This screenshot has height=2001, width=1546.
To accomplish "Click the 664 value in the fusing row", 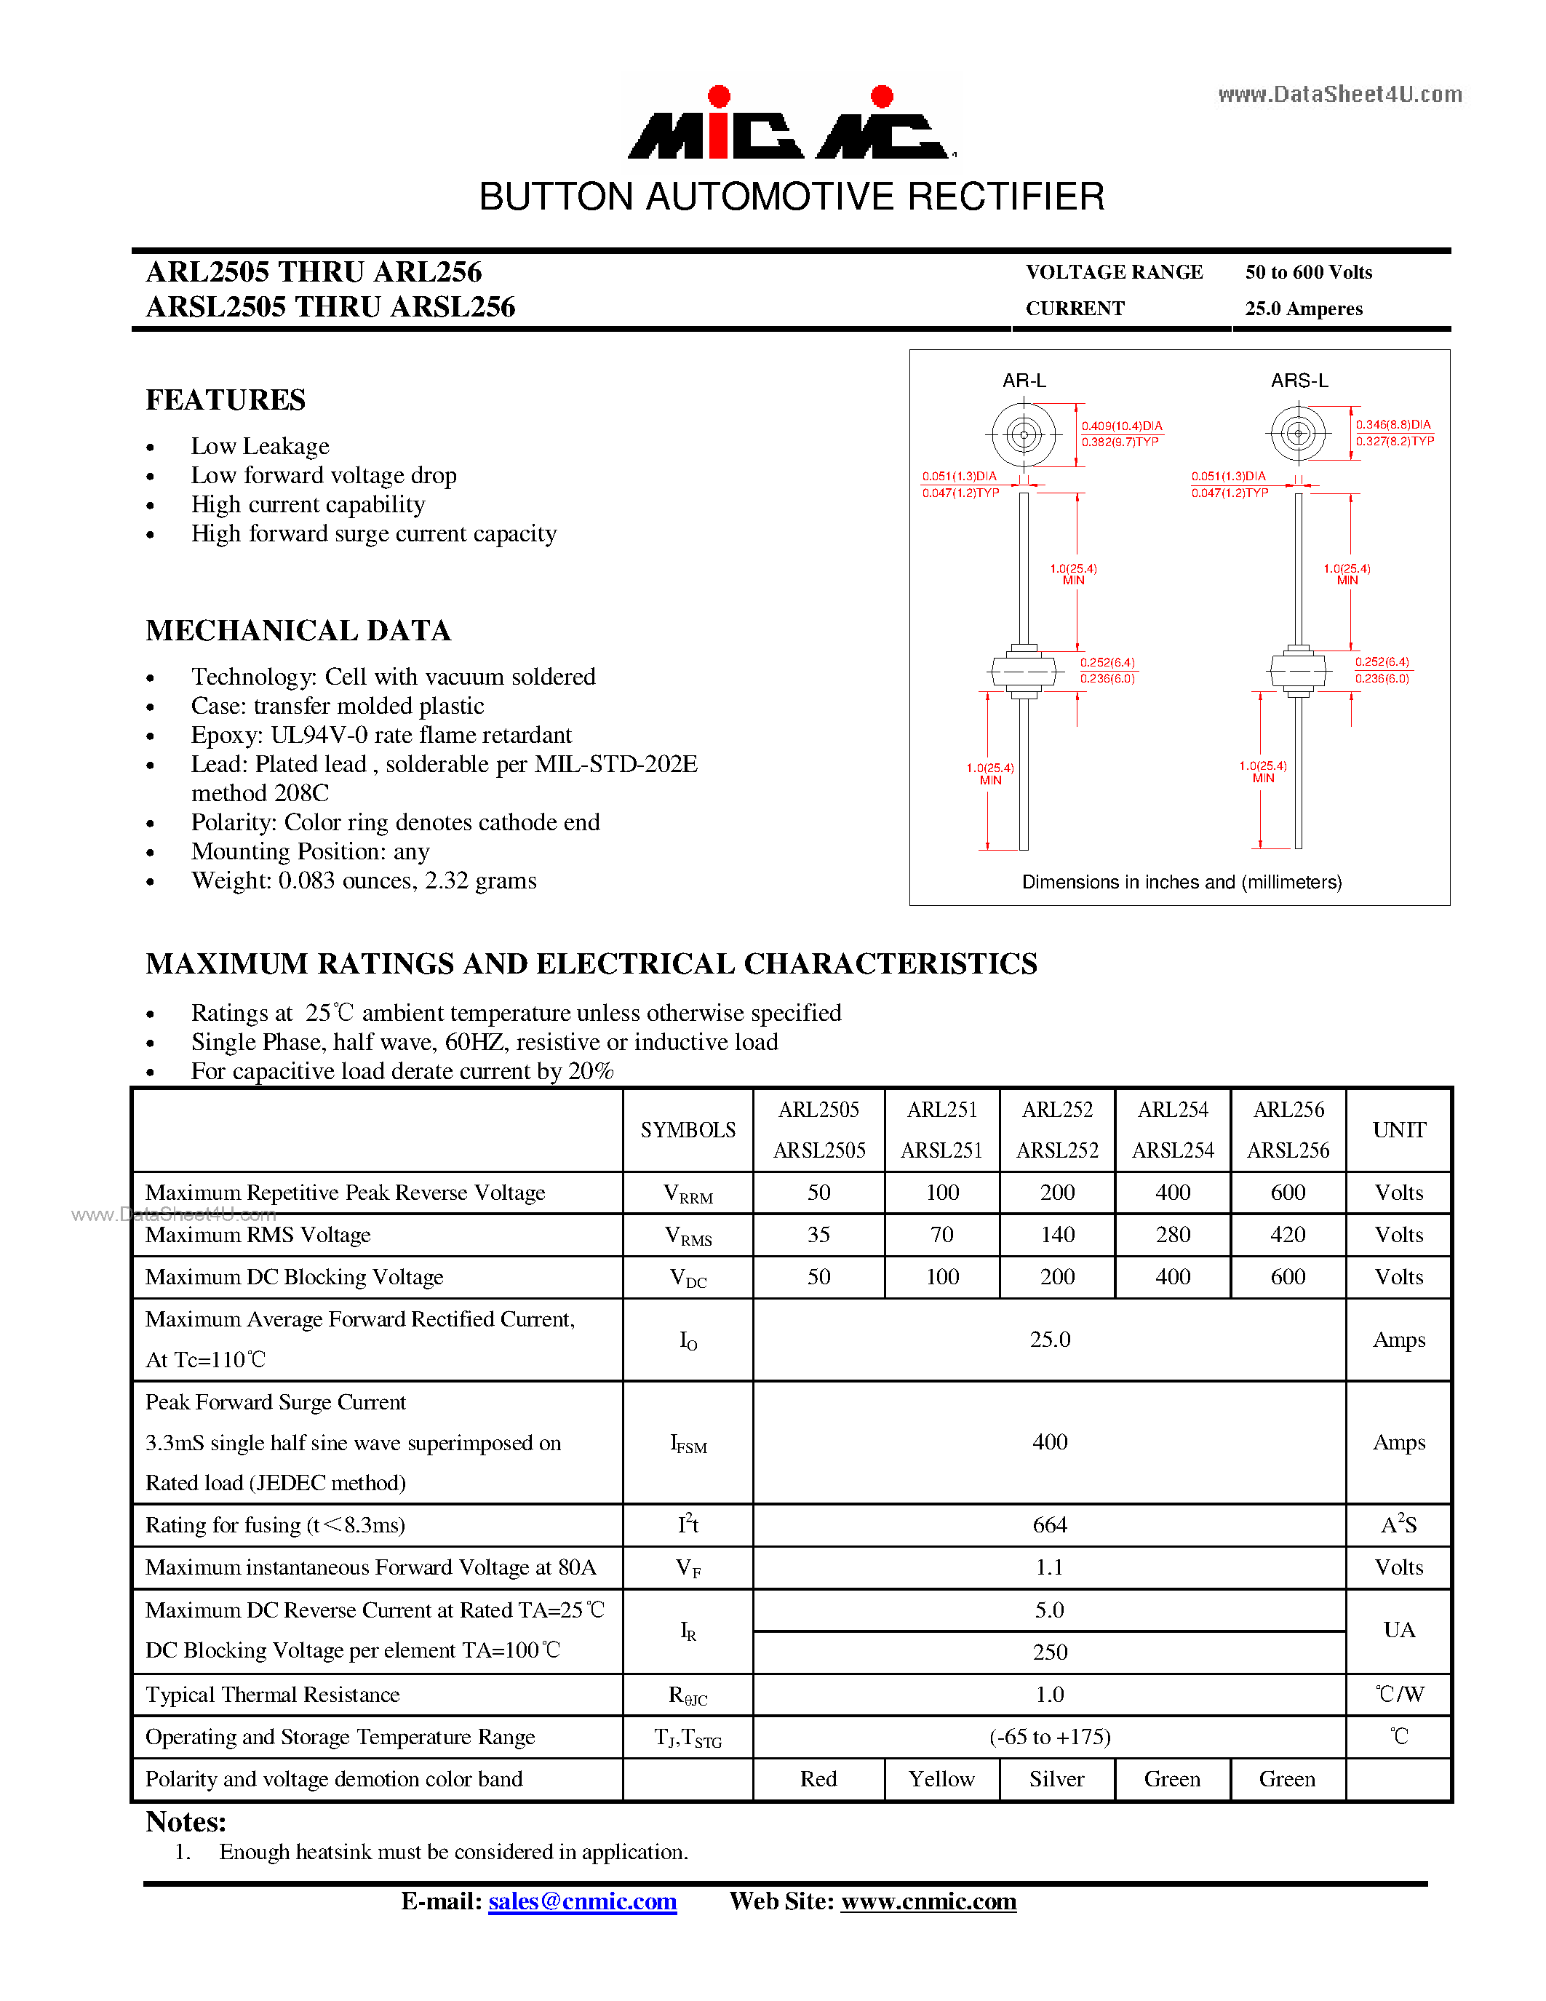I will pyautogui.click(x=1050, y=1524).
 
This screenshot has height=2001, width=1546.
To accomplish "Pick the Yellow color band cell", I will pyautogui.click(x=941, y=1778).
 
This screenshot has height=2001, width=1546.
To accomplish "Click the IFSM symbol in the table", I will pyautogui.click(x=688, y=1444).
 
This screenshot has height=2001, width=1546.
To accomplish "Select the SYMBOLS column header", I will pyautogui.click(x=688, y=1130).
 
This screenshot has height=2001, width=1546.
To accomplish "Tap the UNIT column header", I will pyautogui.click(x=1398, y=1130).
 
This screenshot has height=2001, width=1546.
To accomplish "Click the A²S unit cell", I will pyautogui.click(x=1398, y=1524).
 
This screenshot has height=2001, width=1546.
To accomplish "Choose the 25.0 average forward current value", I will pyautogui.click(x=1050, y=1340).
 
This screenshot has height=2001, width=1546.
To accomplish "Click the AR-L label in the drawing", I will pyautogui.click(x=1024, y=381).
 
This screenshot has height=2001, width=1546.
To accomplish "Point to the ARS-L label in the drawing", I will pyautogui.click(x=1299, y=381).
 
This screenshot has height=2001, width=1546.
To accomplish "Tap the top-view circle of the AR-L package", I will pyautogui.click(x=1024, y=434).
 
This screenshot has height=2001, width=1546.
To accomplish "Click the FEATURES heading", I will pyautogui.click(x=226, y=400).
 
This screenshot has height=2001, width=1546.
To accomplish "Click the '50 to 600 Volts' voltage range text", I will pyautogui.click(x=1308, y=272).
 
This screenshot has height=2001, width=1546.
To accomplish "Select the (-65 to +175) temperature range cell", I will pyautogui.click(x=1050, y=1736).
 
